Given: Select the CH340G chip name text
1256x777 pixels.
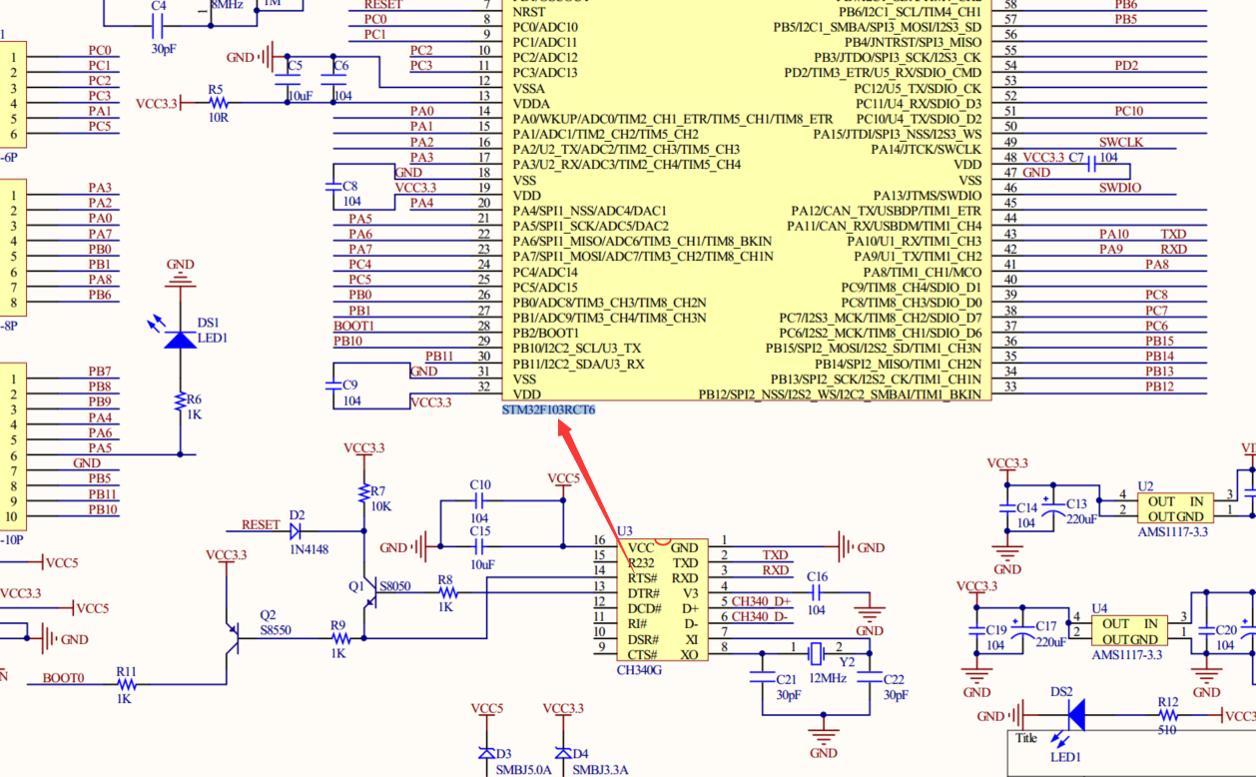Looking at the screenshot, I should tap(639, 669).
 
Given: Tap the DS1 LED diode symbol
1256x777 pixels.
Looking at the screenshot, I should tap(181, 340).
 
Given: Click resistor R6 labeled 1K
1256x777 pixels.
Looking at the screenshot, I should tap(181, 401).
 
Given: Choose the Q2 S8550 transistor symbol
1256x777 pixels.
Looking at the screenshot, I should tap(236, 638).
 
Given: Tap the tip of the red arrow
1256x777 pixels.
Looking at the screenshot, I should tap(560, 422).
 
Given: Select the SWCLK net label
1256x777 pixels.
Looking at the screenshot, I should tap(1120, 143).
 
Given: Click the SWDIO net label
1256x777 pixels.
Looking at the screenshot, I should tap(1120, 188).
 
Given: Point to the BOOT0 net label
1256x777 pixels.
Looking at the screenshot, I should tap(63, 678).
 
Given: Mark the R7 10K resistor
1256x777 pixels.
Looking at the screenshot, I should tap(364, 494).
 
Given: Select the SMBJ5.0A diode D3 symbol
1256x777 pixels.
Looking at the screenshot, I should tap(486, 753).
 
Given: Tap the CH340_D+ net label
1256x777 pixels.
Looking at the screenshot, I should tap(760, 601).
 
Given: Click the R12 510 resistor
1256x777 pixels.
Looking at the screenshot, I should tap(1168, 715).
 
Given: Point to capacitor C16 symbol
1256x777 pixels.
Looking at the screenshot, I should tap(817, 592).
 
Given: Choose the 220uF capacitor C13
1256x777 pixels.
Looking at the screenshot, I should tap(1048, 508).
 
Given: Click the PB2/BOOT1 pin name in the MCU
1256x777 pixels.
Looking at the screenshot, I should tap(545, 333).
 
